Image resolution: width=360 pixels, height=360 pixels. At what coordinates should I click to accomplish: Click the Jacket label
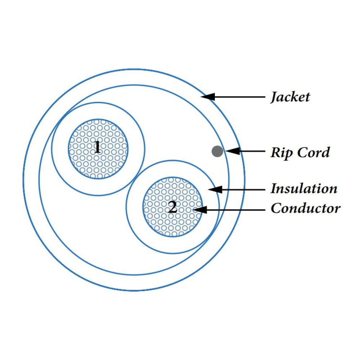pyautogui.click(x=290, y=97)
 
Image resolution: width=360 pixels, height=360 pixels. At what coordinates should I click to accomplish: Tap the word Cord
pyautogui.click(x=314, y=152)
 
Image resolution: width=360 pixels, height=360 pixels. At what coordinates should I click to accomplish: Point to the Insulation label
pyautogui.click(x=304, y=189)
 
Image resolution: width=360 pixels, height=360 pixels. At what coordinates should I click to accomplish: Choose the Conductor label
pyautogui.click(x=305, y=208)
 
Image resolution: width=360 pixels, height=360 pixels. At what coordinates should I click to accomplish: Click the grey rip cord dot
pyautogui.click(x=217, y=151)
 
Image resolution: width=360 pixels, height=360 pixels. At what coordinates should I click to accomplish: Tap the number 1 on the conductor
pyautogui.click(x=97, y=147)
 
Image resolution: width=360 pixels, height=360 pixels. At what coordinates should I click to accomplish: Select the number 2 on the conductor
pyautogui.click(x=172, y=207)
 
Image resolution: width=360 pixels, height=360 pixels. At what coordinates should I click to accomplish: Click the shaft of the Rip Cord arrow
pyautogui.click(x=252, y=151)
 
